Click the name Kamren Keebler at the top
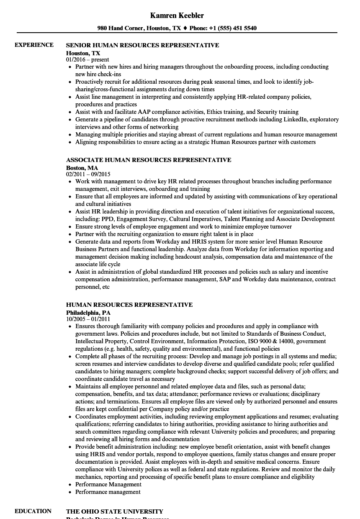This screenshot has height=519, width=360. (177, 15)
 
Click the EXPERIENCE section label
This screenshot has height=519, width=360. (34, 45)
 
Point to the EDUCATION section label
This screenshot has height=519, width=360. (33, 511)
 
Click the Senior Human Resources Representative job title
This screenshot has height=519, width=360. (142, 45)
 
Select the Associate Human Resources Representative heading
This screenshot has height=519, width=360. (149, 160)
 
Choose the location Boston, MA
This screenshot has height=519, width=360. (82, 168)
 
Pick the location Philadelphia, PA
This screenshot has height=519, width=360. (88, 312)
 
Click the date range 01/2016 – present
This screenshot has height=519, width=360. (87, 60)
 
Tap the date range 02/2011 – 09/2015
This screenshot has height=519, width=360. (88, 174)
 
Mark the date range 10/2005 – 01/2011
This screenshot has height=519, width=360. (88, 319)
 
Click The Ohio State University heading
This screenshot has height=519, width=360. (115, 511)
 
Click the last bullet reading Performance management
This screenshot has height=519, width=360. (108, 492)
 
